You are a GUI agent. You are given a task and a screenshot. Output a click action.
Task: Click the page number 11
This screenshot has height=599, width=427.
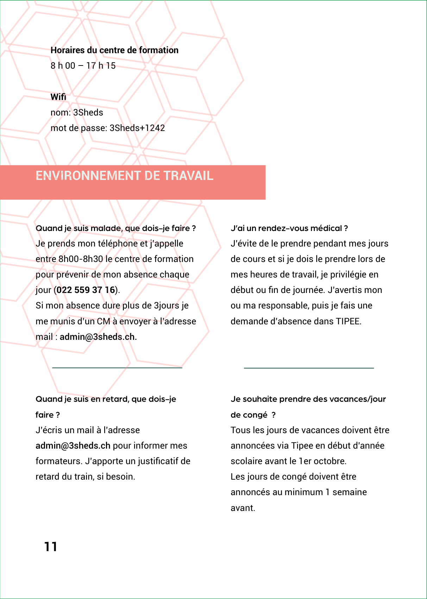51,547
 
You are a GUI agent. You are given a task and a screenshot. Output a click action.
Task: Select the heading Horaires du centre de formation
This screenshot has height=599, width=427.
114,50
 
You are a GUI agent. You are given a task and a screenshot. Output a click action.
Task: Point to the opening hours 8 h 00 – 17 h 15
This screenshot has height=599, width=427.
83,66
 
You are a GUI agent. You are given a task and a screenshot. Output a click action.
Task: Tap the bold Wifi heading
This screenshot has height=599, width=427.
58,97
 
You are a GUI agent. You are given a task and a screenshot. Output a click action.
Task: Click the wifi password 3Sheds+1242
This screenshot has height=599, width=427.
137,128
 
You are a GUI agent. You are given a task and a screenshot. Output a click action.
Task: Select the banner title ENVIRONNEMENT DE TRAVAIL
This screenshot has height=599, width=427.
125,176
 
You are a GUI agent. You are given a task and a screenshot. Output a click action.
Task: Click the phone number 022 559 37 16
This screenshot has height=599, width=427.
86,290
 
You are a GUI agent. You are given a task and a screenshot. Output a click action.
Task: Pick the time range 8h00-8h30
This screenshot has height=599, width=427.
81,259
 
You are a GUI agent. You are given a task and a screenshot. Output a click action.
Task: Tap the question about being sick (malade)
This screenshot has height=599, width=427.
115,228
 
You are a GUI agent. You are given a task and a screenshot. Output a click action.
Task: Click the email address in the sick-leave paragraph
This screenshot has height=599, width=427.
98,337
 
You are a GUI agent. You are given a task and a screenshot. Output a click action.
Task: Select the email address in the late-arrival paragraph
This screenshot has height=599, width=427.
73,446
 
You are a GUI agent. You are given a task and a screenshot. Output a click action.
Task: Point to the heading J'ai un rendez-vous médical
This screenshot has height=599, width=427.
289,228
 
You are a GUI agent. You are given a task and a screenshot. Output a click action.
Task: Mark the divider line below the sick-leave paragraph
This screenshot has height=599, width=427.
117,368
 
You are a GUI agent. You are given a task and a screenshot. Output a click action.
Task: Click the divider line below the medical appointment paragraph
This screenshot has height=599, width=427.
309,368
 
